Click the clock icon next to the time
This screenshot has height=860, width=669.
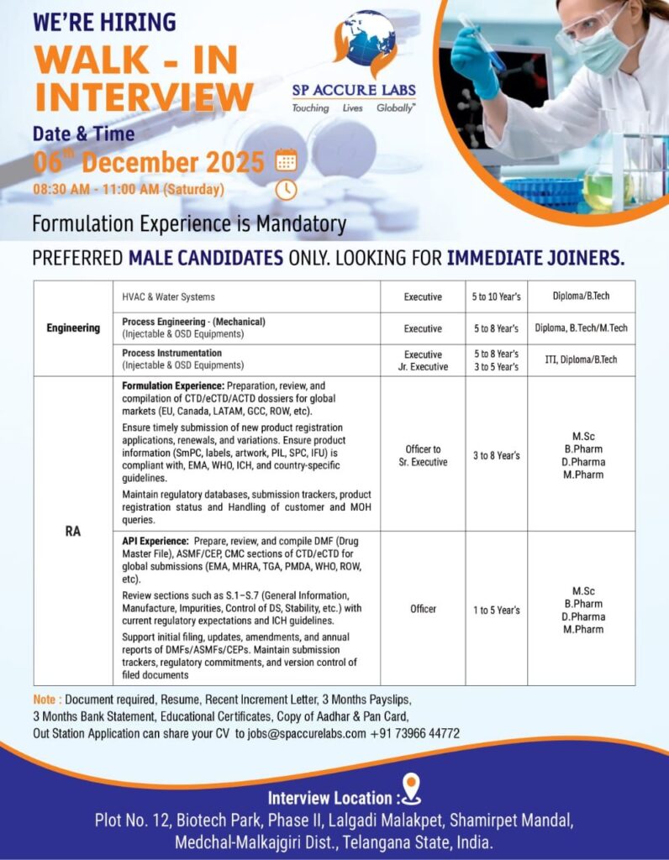tap(287, 189)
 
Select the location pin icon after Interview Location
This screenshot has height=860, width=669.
tap(411, 789)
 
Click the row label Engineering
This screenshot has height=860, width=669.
tap(73, 328)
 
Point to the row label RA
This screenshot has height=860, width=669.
tap(73, 531)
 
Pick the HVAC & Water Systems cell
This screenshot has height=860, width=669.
tap(168, 296)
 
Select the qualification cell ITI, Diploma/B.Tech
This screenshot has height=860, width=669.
tap(581, 359)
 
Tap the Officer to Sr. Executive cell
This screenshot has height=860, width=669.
tap(423, 455)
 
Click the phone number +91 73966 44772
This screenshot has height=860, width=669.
tap(415, 733)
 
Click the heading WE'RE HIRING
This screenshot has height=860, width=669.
tap(104, 22)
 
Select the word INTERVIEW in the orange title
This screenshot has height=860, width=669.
tap(144, 97)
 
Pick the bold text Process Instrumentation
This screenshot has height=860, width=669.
tap(171, 353)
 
